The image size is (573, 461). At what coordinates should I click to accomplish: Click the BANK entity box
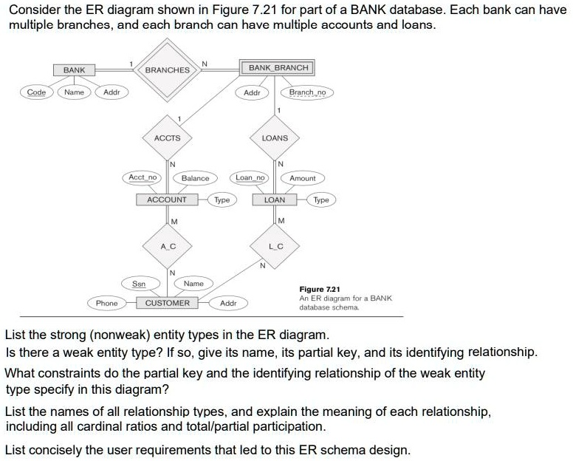coord(74,70)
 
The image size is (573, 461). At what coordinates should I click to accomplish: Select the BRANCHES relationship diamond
coord(167,70)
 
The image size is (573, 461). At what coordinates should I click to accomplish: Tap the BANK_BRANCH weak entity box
coord(279,68)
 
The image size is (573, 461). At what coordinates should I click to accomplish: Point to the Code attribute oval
coord(35,92)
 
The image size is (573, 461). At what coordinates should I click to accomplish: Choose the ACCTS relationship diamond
coord(167,138)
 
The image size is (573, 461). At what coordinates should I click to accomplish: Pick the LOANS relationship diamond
coord(275,138)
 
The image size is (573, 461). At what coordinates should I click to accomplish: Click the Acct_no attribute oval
coord(143,178)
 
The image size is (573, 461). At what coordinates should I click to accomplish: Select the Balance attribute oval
coord(195,178)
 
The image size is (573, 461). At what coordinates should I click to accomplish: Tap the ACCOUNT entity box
coord(167,199)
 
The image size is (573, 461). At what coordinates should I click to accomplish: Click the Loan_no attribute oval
coord(250,178)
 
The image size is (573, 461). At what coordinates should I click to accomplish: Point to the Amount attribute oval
coord(303,178)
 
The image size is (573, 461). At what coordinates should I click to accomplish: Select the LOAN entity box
coord(275,199)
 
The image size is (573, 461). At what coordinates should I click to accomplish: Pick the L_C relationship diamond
coord(275,245)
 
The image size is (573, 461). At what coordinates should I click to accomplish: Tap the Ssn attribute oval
coord(138,284)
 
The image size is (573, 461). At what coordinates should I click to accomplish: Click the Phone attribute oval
coord(107,303)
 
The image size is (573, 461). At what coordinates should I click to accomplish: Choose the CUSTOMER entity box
coord(167,303)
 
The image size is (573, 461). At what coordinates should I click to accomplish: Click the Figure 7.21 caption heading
coord(318,290)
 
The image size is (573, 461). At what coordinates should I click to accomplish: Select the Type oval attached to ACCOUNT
coord(222,199)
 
